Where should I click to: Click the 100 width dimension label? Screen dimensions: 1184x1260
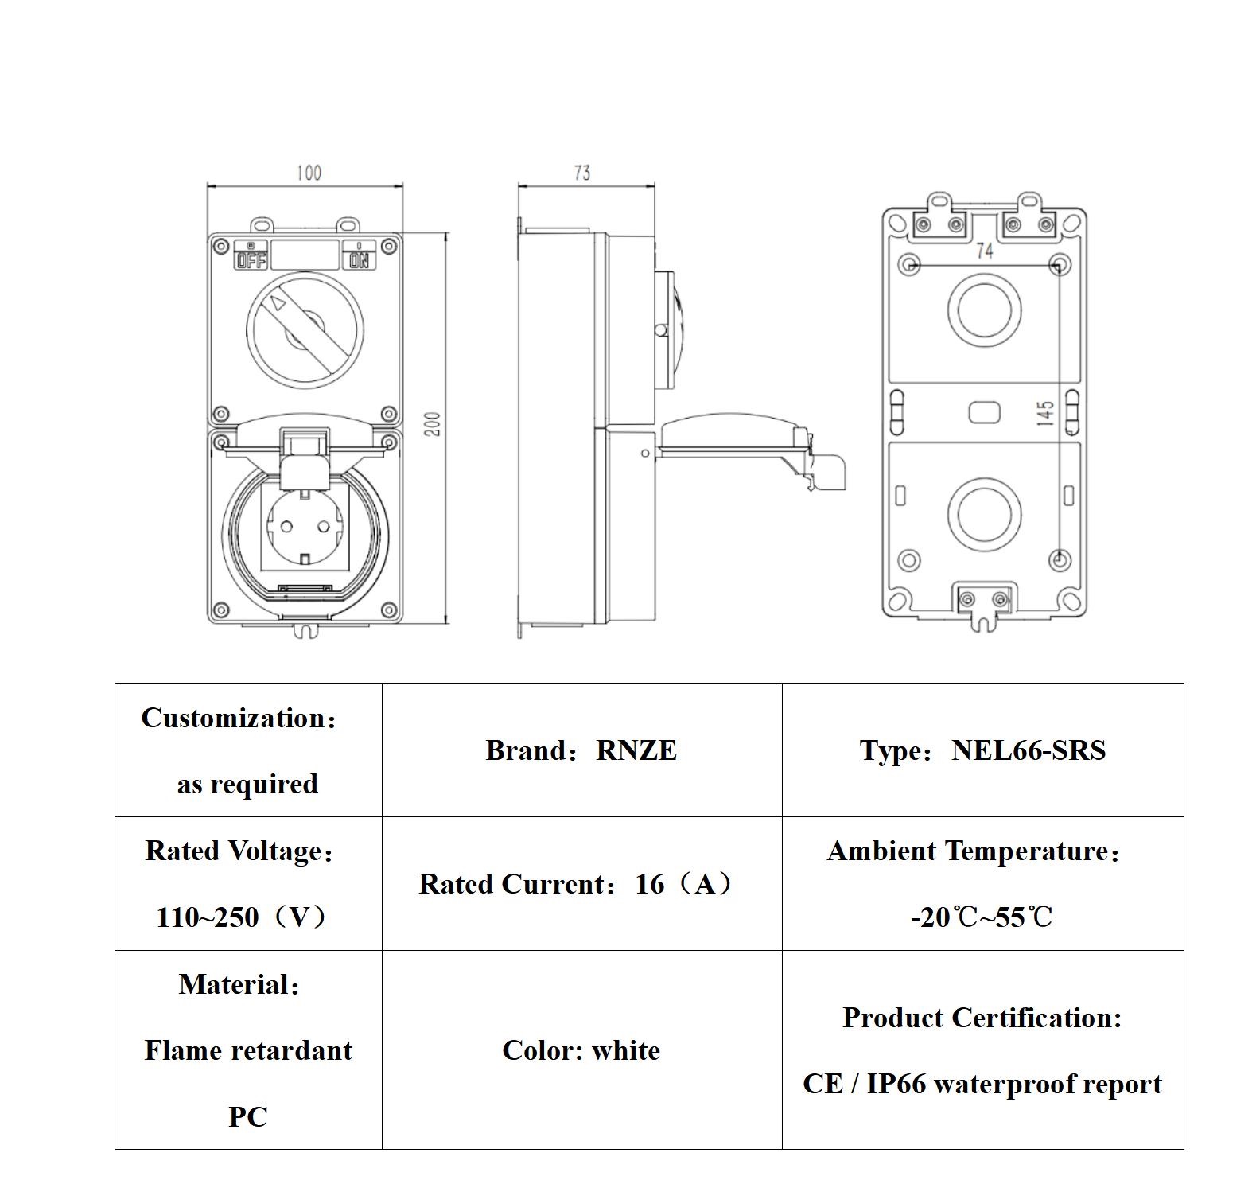point(309,173)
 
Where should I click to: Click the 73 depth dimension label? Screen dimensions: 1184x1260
point(582,173)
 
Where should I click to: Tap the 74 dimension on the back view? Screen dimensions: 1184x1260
point(985,251)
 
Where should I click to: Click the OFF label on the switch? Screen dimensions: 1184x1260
point(251,260)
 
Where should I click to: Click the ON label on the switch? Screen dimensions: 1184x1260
point(360,260)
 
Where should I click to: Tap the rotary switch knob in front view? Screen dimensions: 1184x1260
point(305,328)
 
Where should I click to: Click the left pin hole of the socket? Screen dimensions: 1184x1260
point(286,527)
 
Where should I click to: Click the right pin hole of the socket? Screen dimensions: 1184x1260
point(324,527)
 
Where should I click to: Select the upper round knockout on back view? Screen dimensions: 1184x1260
point(984,309)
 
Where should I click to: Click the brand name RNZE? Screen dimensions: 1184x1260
point(636,750)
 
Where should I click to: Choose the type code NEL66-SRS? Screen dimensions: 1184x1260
point(1028,750)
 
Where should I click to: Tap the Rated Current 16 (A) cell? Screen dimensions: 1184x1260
point(581,884)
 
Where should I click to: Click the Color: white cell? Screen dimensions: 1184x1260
point(581,1050)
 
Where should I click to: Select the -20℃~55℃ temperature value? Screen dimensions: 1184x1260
point(982,917)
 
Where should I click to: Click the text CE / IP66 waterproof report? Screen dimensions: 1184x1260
point(982,1084)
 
